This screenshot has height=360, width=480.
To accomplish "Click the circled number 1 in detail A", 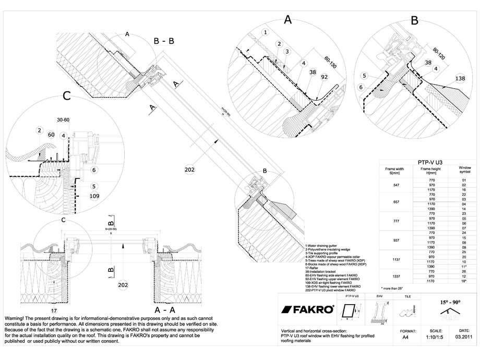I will [266, 32].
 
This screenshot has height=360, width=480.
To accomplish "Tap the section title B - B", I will [164, 40].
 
